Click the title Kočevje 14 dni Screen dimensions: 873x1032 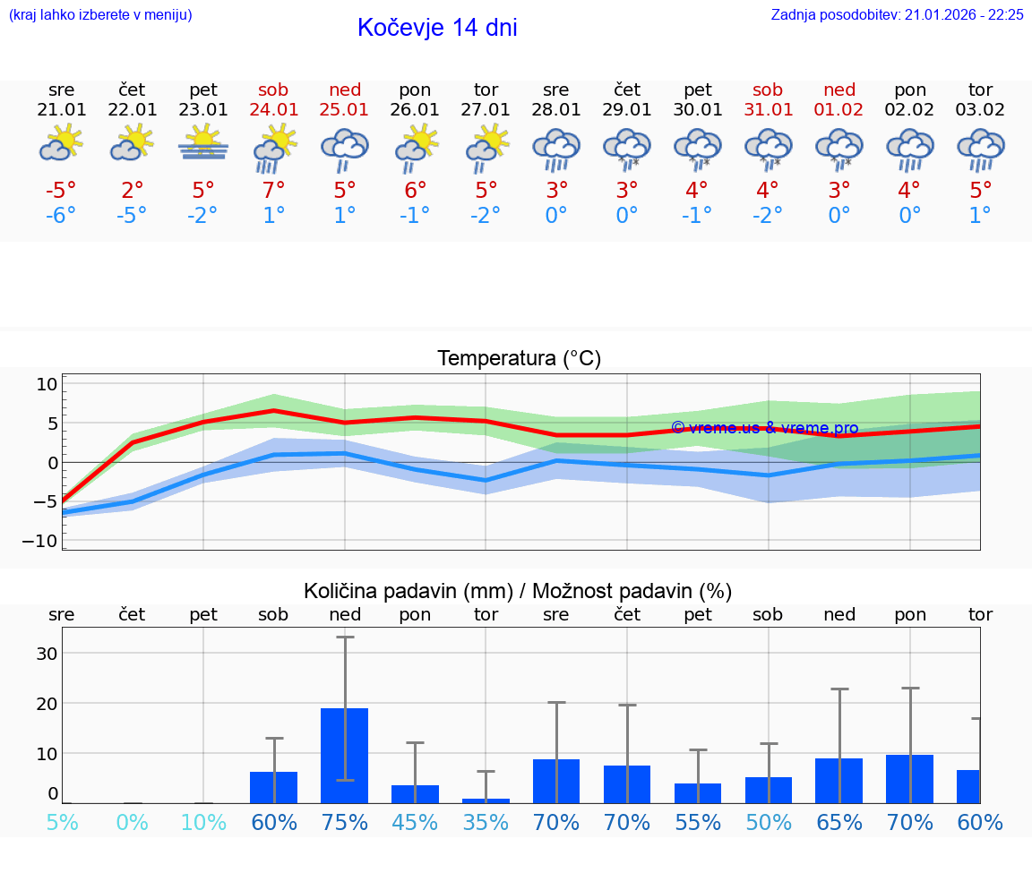(x=437, y=28)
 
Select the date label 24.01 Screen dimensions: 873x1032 (x=274, y=110)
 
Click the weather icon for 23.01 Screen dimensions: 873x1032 (x=203, y=143)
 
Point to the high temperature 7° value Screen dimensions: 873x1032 (x=274, y=190)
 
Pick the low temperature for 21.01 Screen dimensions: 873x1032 (x=62, y=216)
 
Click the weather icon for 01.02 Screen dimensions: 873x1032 (x=839, y=149)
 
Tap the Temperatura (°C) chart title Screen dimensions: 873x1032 (x=519, y=359)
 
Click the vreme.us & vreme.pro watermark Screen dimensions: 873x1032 (x=764, y=428)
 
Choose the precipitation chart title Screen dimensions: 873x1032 (x=518, y=591)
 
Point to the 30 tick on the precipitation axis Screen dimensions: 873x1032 (x=47, y=653)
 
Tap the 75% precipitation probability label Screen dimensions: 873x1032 (x=345, y=822)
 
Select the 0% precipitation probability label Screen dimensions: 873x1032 (x=133, y=822)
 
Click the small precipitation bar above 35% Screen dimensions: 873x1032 (x=486, y=800)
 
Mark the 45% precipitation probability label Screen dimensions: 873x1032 (x=415, y=822)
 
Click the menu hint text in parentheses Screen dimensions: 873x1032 (x=100, y=14)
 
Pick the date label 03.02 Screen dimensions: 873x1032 (x=981, y=110)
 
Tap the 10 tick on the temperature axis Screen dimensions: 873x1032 (x=47, y=384)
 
